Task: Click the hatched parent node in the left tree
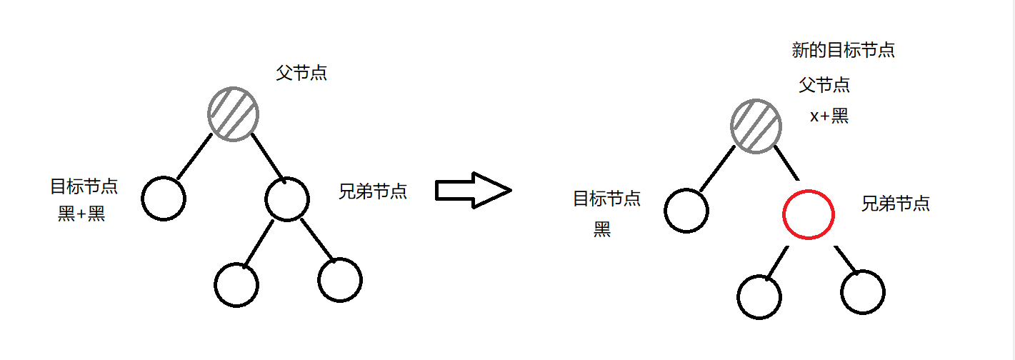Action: point(233,113)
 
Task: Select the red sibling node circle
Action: point(809,214)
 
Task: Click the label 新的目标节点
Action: point(843,51)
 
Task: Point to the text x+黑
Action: point(829,116)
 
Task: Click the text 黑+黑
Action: point(81,214)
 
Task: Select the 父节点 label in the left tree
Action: point(301,73)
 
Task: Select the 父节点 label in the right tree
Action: point(824,86)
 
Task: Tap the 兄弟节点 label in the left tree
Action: point(372,191)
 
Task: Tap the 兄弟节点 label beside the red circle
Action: point(896,204)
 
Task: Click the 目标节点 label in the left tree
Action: point(84,187)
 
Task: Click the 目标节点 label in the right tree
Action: point(606,199)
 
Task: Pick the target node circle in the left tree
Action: point(164,197)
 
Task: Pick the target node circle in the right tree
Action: point(686,211)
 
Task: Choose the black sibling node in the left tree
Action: point(287,198)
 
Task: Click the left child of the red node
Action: point(760,296)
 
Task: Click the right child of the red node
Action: point(863,291)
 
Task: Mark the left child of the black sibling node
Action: point(236,284)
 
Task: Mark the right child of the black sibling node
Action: point(340,279)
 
